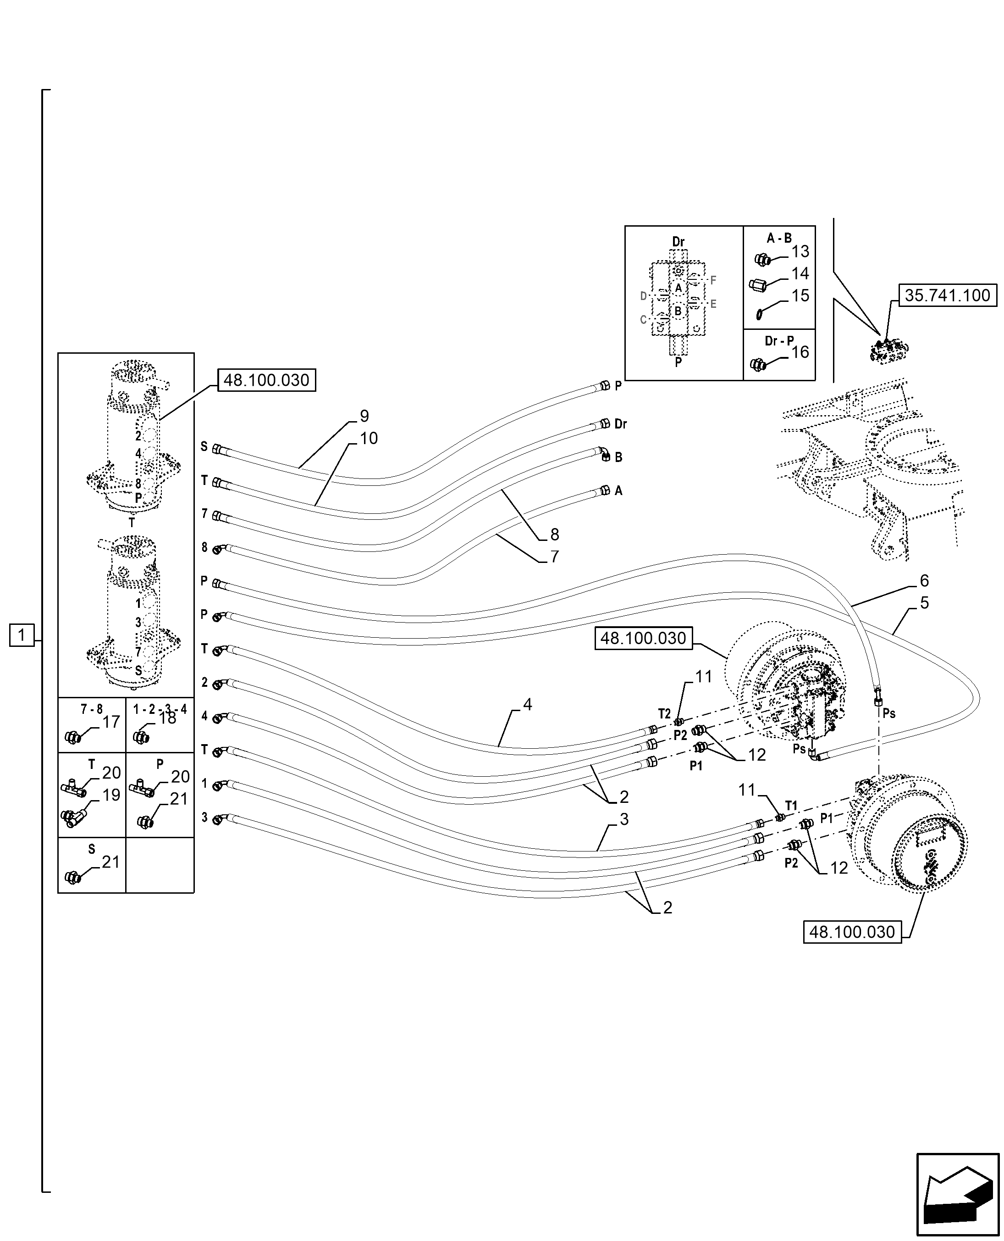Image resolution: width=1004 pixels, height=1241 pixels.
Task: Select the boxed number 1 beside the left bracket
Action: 22,635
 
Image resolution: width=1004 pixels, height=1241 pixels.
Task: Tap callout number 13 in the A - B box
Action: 800,252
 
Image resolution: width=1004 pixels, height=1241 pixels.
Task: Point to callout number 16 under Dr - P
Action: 800,352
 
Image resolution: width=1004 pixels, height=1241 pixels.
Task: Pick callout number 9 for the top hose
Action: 364,416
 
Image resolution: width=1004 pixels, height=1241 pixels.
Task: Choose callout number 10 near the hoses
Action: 369,438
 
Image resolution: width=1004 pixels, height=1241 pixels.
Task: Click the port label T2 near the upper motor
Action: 664,714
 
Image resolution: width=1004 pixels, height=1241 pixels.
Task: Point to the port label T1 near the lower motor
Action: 791,805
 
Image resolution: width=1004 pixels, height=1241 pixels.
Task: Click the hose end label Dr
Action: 621,424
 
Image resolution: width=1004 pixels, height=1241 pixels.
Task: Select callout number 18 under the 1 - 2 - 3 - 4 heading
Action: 167,718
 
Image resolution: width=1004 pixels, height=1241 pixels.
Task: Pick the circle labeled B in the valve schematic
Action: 678,311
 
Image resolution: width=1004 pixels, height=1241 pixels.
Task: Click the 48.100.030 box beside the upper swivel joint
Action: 267,380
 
